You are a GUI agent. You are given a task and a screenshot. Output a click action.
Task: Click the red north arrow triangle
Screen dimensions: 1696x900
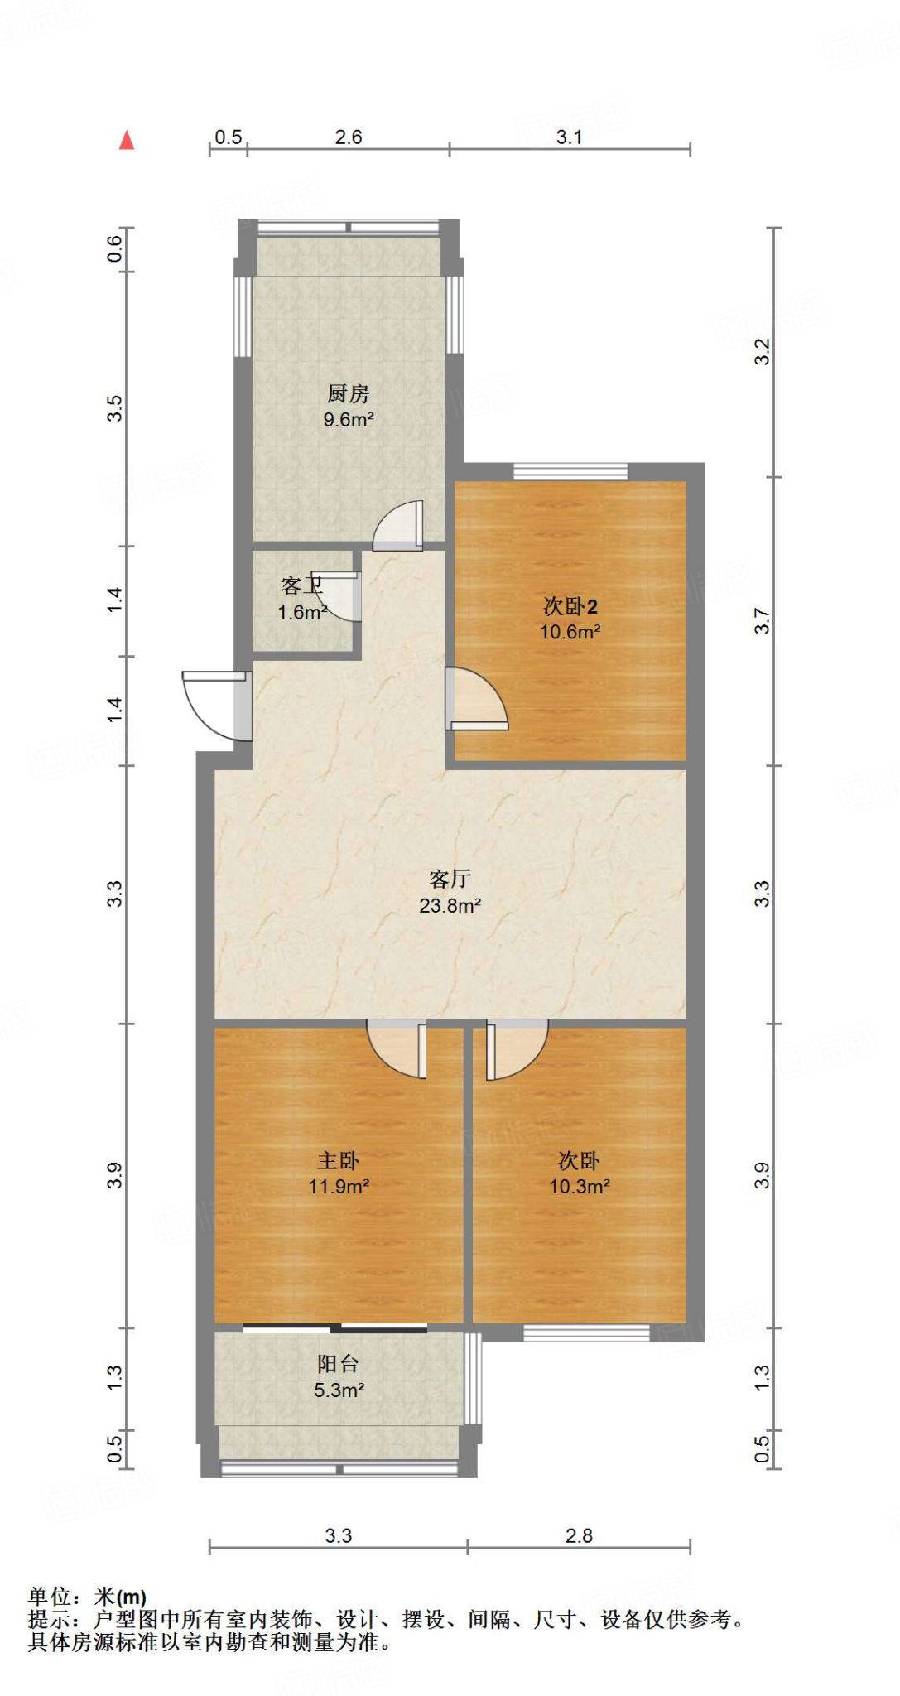(127, 140)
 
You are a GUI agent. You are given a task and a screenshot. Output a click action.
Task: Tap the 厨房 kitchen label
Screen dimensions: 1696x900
(348, 393)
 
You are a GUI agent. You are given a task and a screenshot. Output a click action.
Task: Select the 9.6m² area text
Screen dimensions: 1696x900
(348, 420)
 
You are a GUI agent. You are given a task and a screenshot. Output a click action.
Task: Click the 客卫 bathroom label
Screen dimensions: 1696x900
(301, 585)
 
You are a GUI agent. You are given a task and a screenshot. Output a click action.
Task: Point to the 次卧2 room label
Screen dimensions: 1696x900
(570, 606)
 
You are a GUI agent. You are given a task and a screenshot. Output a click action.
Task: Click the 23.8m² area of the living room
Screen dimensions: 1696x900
(450, 905)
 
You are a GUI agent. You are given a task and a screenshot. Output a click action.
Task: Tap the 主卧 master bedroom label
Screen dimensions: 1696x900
(338, 1160)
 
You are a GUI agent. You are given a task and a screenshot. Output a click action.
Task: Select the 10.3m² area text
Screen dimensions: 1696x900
(579, 1187)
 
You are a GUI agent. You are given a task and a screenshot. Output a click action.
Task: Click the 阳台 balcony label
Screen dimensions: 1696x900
(338, 1364)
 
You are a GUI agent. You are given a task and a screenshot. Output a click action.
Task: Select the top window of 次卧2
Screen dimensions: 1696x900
(570, 472)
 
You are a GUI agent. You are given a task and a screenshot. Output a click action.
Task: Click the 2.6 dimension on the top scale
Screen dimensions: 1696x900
(348, 137)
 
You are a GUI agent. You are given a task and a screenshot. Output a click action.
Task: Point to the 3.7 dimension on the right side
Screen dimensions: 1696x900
(762, 621)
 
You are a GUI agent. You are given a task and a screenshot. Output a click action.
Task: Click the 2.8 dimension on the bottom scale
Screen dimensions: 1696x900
(579, 1535)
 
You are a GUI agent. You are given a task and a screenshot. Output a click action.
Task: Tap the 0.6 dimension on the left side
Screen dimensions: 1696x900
(114, 248)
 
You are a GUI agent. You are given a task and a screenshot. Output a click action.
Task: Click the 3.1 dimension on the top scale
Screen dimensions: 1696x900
(569, 137)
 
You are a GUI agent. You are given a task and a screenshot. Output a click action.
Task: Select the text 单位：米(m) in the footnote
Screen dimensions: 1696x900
(87, 1596)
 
